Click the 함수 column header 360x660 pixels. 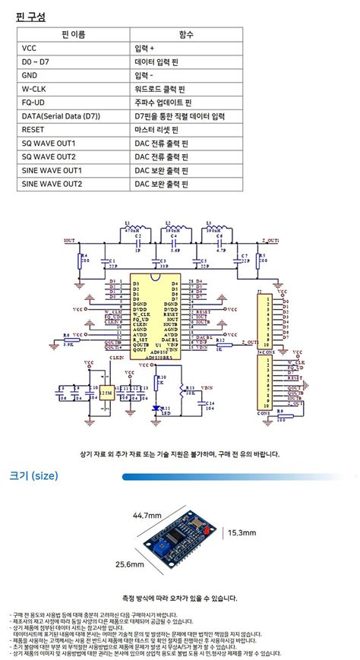coord(186,34)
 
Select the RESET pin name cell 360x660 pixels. coord(36,130)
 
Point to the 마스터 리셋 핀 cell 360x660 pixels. coord(159,130)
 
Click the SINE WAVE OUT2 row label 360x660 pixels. coord(52,184)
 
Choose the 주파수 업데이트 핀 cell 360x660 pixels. coord(163,103)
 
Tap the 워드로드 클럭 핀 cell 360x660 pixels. coord(161,89)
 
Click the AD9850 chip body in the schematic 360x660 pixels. coord(155,319)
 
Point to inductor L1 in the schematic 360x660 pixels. coord(128,229)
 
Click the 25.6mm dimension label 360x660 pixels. coord(130,565)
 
